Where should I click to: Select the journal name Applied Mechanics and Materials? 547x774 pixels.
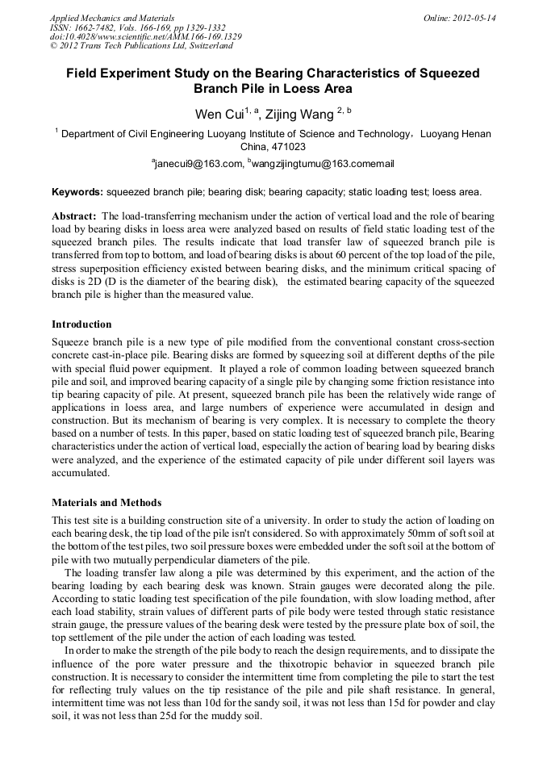tap(112, 18)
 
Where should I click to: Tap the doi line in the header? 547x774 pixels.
tap(145, 37)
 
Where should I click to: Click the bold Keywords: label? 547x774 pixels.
tap(77, 192)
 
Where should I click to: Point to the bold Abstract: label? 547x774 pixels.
tap(74, 217)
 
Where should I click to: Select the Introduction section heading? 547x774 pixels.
tap(81, 324)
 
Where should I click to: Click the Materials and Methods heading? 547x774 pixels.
tap(106, 503)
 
